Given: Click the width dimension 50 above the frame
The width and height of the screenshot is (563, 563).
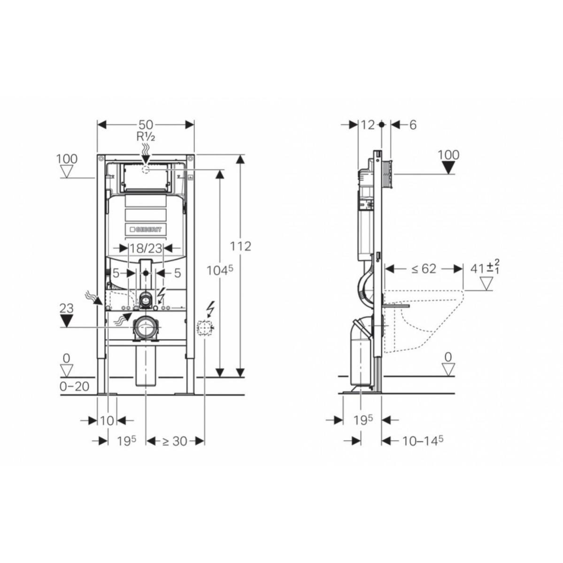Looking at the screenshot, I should (146, 124).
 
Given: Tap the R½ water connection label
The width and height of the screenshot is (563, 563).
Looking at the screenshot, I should (146, 137).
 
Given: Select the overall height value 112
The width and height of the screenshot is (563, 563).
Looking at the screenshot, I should (240, 246).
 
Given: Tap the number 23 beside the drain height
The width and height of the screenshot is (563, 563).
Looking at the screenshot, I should (66, 308).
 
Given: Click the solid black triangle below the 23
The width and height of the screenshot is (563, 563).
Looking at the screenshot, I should (66, 321).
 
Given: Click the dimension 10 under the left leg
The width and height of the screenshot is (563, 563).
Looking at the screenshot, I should (107, 420).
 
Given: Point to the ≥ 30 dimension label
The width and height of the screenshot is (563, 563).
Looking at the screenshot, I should (175, 441).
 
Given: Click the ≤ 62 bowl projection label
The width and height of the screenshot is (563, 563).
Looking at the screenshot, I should (424, 269).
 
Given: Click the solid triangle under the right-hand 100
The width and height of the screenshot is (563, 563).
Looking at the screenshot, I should (449, 168).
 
